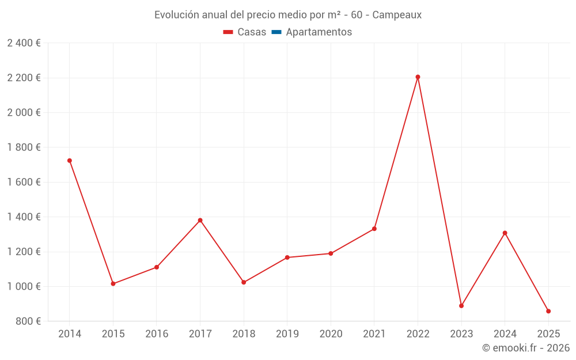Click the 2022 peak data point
point(418,77)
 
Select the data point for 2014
point(70,161)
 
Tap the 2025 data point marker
point(548,311)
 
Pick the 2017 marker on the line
point(200,220)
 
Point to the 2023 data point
point(461,306)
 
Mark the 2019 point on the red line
point(287,257)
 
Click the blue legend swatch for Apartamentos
point(276,32)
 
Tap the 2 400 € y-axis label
point(24,43)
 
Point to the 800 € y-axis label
point(28,321)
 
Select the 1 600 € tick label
point(24,182)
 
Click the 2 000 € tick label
point(24,112)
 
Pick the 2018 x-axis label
point(244,334)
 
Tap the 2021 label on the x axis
point(374,334)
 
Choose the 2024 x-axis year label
point(505,334)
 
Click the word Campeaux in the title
point(397,15)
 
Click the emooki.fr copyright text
point(526,348)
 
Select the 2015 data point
point(113,284)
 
